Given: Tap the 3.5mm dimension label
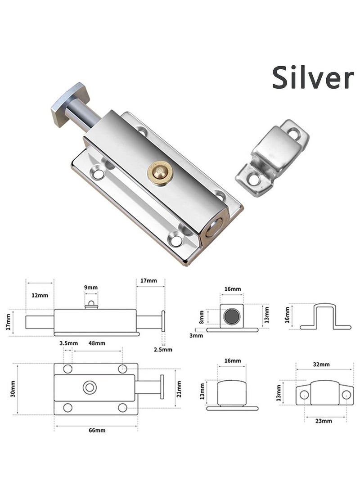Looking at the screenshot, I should point(66,343).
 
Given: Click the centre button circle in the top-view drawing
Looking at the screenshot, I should point(90,387).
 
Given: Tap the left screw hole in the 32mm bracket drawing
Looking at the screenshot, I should point(304,395).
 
